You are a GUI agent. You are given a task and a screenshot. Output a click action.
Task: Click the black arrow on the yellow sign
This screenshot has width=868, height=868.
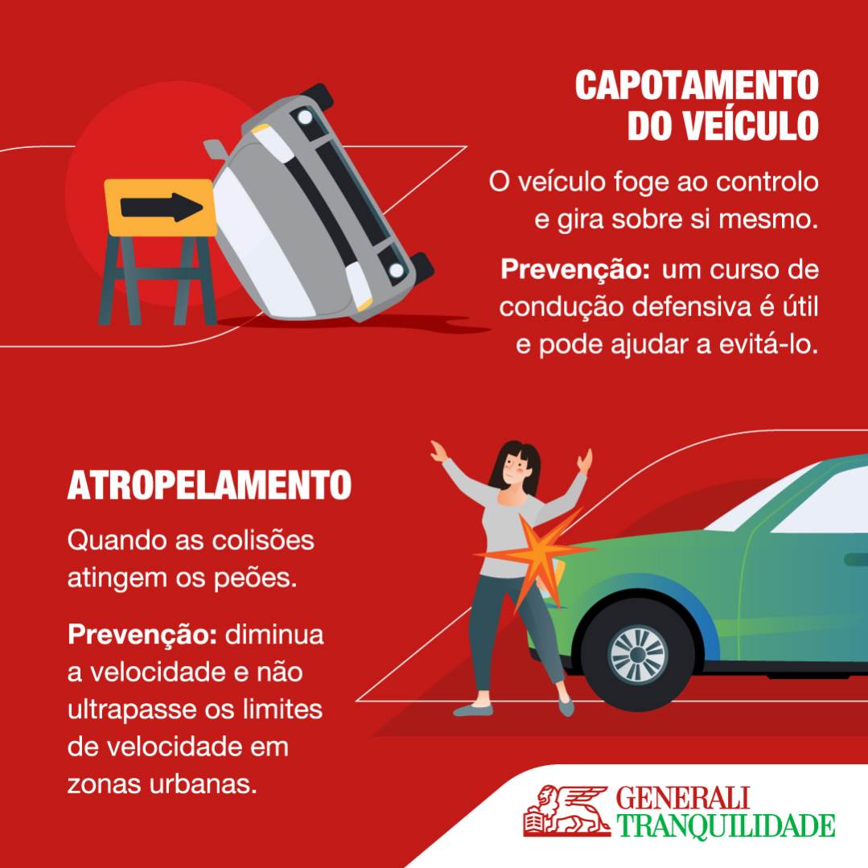[161, 208]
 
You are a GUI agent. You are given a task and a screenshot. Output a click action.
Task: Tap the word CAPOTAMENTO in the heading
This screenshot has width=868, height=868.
[696, 85]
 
